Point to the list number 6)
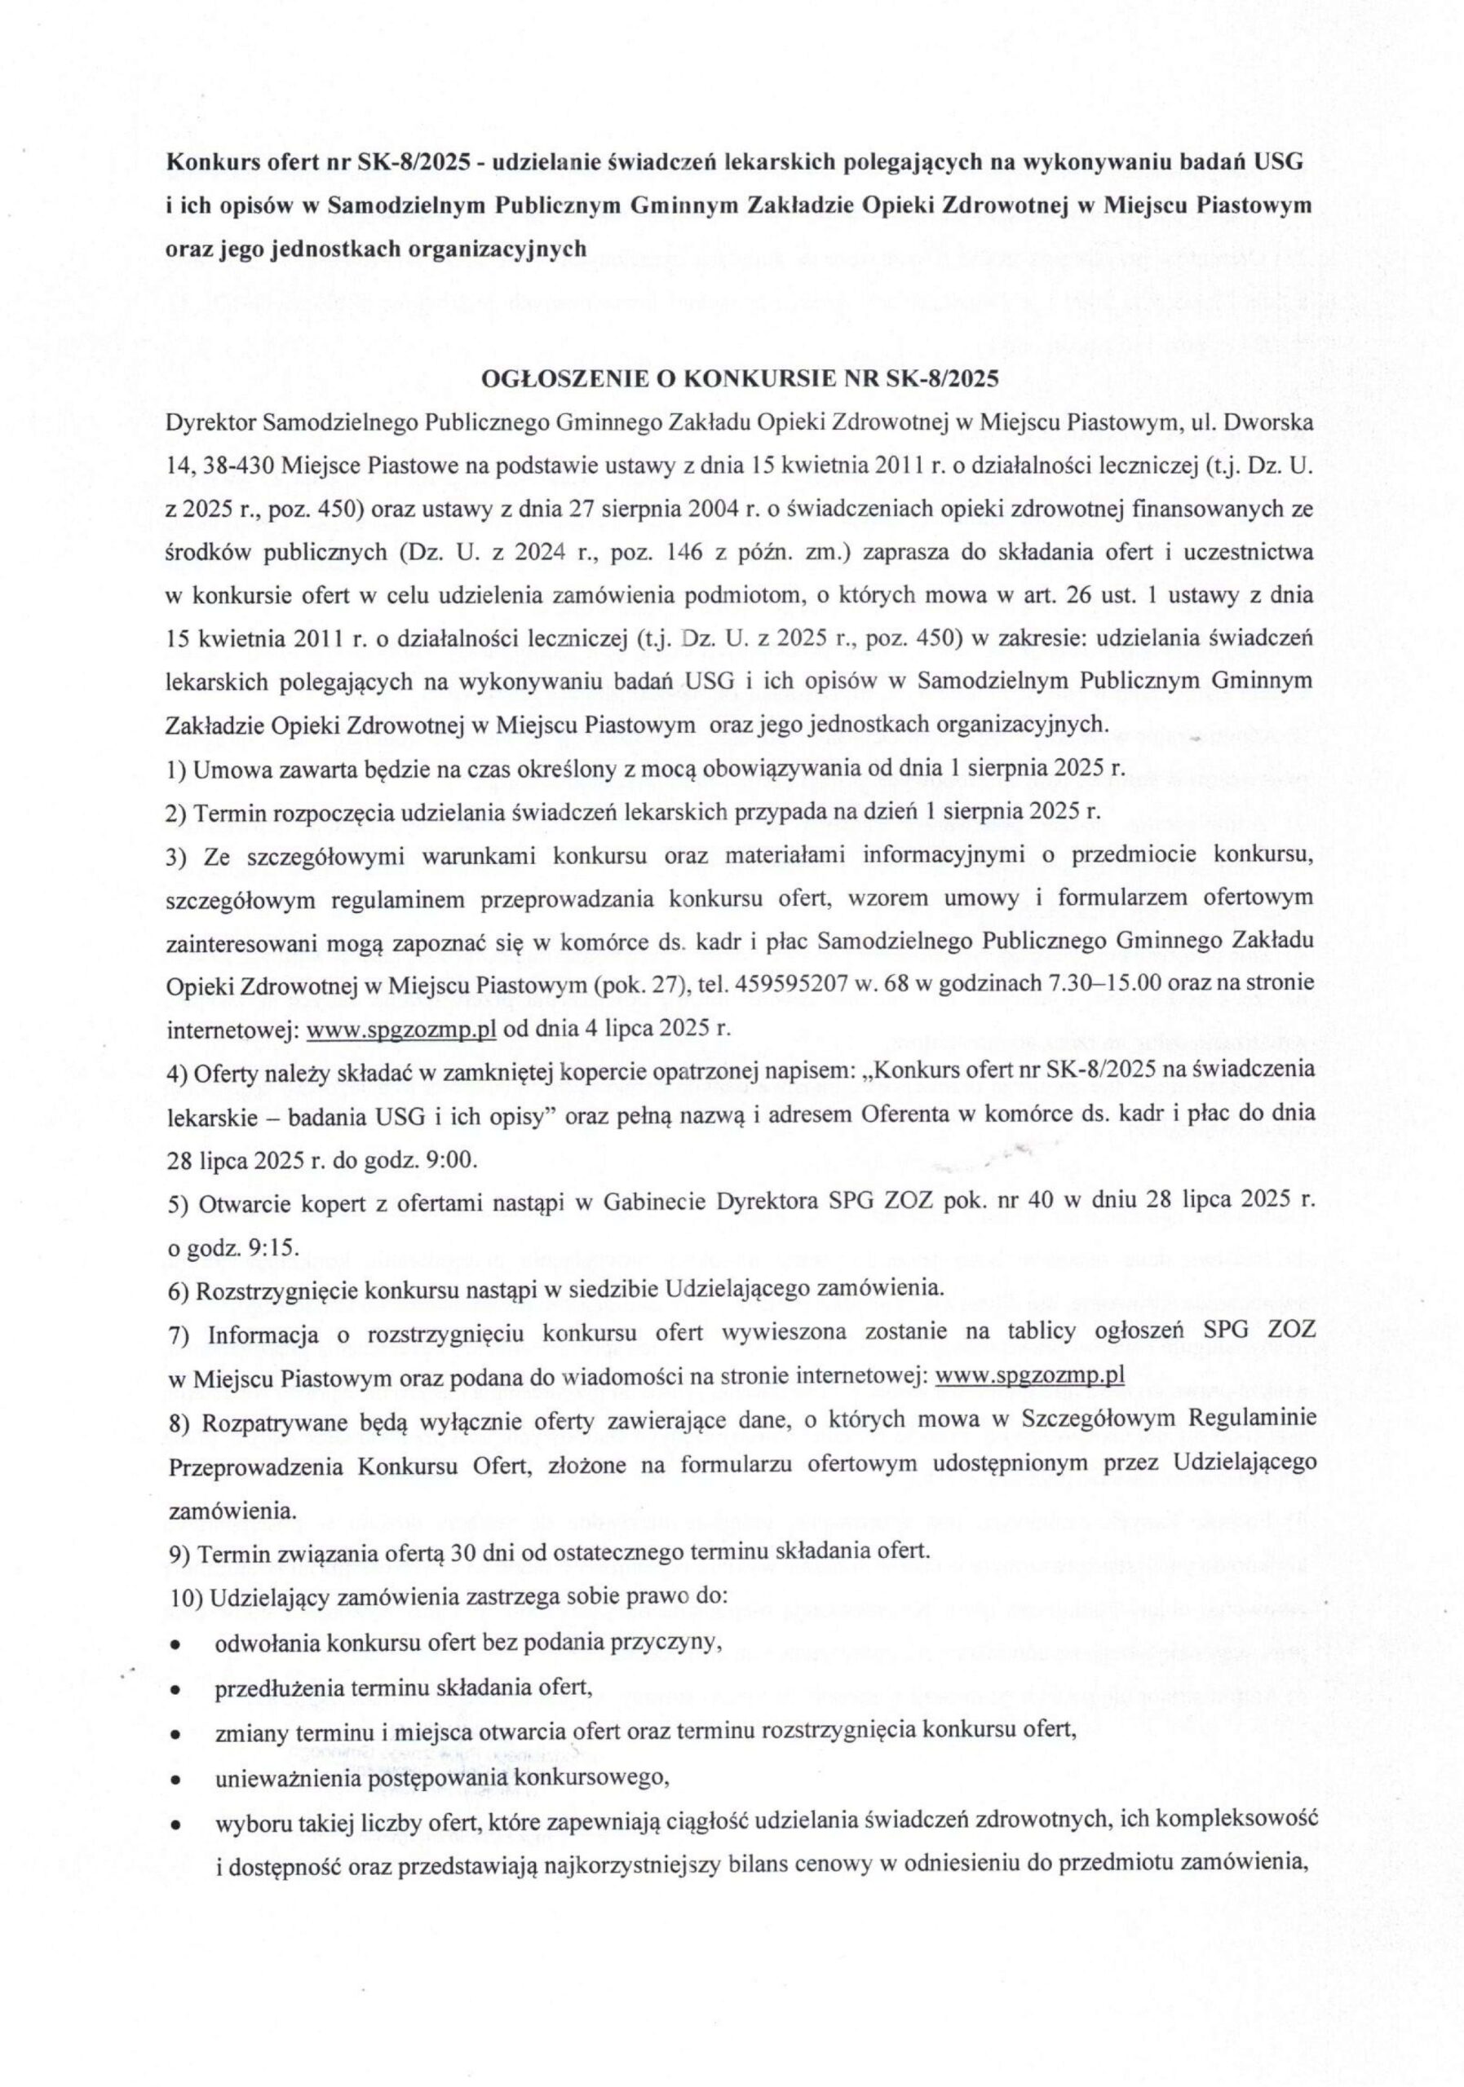[x=179, y=1289]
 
